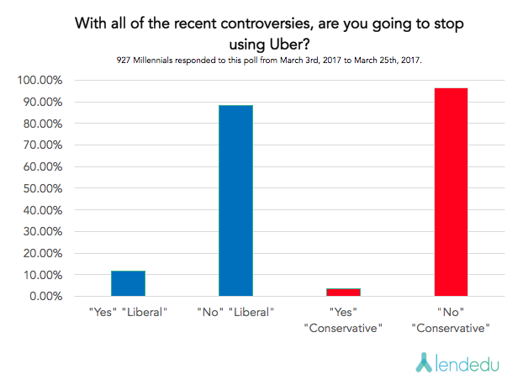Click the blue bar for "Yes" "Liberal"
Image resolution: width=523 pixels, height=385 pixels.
(128, 283)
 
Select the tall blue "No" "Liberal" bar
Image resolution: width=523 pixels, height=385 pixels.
(235, 201)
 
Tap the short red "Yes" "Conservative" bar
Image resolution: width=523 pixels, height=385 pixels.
(343, 293)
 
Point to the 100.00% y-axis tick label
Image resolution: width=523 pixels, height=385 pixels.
(39, 81)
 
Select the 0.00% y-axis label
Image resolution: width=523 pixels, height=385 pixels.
(44, 297)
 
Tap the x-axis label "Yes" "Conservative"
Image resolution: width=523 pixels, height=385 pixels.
(343, 319)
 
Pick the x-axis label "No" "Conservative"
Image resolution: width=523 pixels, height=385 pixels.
(451, 319)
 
